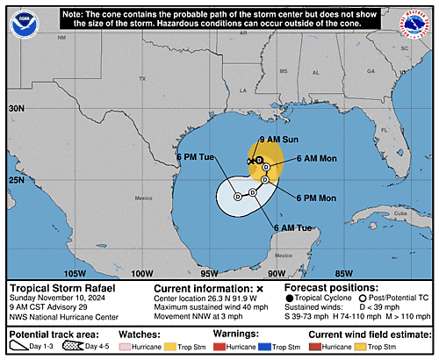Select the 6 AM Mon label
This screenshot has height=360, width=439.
[316, 158]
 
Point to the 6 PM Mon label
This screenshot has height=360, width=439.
[315, 198]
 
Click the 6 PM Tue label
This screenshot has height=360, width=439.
[194, 157]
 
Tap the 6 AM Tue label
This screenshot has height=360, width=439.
[293, 228]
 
